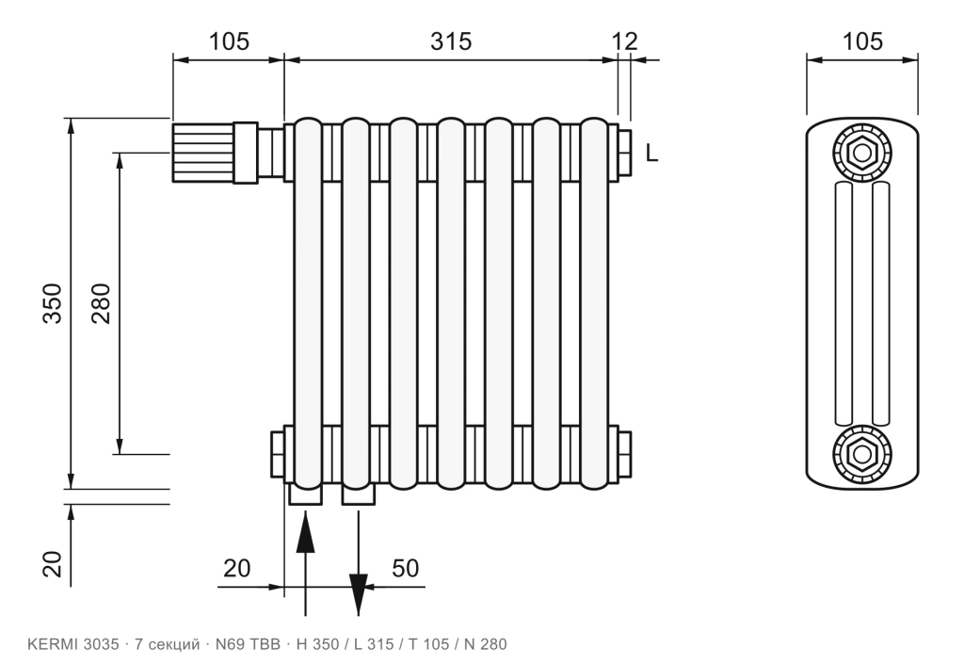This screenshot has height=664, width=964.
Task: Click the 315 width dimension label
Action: point(451,41)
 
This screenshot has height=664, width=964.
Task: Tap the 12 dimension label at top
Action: point(625,41)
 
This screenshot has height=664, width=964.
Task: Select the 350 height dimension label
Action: point(53,303)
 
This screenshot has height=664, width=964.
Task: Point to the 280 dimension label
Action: point(100,303)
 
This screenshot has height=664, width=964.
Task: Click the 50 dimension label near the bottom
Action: point(405,568)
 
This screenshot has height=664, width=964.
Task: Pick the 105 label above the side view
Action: point(862,41)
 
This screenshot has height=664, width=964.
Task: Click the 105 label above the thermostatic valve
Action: point(230,41)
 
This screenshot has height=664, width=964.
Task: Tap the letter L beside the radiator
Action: point(651,153)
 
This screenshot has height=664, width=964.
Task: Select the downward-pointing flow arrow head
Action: point(359,594)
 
